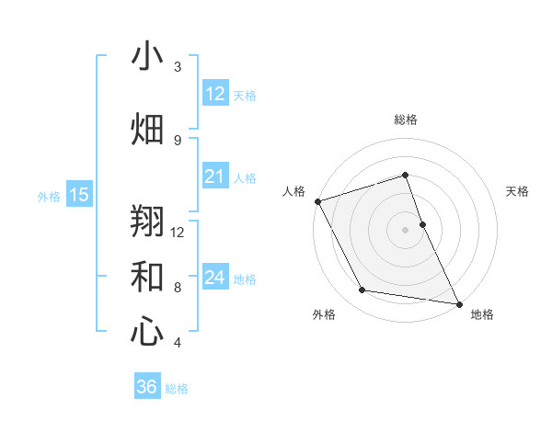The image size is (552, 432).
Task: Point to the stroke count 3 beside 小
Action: (x=178, y=67)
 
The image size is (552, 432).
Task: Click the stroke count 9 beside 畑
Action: (x=178, y=141)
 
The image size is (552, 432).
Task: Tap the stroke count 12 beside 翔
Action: (x=178, y=233)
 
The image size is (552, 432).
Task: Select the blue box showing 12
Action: (x=215, y=94)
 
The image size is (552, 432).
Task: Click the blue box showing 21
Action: (x=215, y=176)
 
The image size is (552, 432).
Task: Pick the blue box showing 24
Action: (x=215, y=278)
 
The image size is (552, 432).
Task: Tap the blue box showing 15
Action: (x=79, y=195)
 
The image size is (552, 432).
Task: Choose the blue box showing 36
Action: (x=147, y=387)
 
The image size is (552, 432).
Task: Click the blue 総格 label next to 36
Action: (x=177, y=389)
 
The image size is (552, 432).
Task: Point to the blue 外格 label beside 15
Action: (x=49, y=196)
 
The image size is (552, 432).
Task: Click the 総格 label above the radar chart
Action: (x=406, y=119)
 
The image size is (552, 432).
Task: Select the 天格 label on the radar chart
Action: (x=517, y=191)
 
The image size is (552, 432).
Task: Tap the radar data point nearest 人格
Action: (x=317, y=201)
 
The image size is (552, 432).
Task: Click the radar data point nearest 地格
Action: (x=458, y=303)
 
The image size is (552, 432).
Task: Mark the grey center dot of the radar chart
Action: (x=405, y=229)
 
